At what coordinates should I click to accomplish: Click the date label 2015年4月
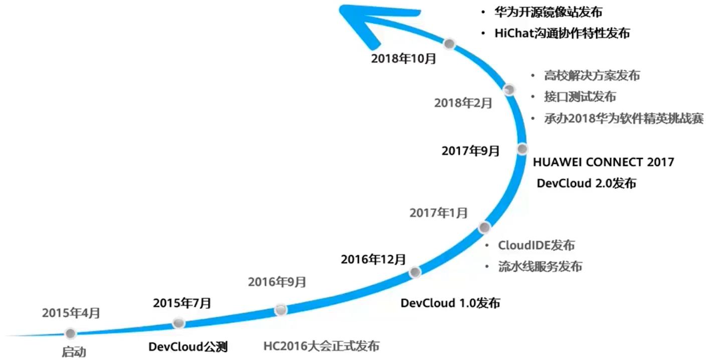pos(71,313)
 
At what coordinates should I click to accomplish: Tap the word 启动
pos(74,352)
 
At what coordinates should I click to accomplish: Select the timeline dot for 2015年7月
pos(178,323)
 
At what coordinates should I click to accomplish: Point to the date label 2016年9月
pos(277,282)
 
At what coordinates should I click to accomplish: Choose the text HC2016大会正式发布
pos(321,346)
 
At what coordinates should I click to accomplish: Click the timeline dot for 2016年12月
pos(415,272)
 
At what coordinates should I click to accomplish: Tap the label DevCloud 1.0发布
pos(450,303)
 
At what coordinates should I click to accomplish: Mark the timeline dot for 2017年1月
pos(484,228)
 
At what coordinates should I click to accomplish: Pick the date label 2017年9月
pos(471,150)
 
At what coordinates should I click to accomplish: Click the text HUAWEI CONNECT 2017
pos(604,162)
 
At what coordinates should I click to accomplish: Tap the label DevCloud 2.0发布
pos(586,183)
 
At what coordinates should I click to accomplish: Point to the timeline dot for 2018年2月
pos(509,90)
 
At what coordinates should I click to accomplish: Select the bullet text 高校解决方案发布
pos(592,76)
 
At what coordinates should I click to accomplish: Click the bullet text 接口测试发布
pos(580,97)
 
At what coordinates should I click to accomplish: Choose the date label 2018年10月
pos(404,59)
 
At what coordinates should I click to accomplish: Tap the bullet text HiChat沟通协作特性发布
pos(562,34)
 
